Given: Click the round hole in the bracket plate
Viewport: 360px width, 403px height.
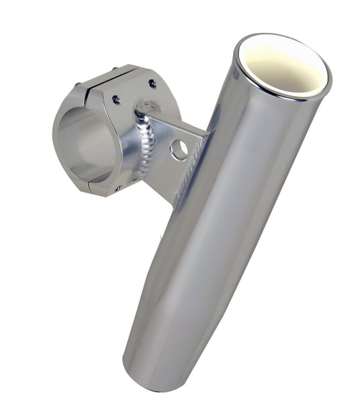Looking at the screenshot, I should [x=179, y=149].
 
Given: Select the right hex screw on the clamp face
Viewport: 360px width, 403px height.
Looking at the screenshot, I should [x=152, y=84].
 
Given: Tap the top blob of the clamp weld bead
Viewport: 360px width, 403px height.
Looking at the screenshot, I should [x=144, y=107].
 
